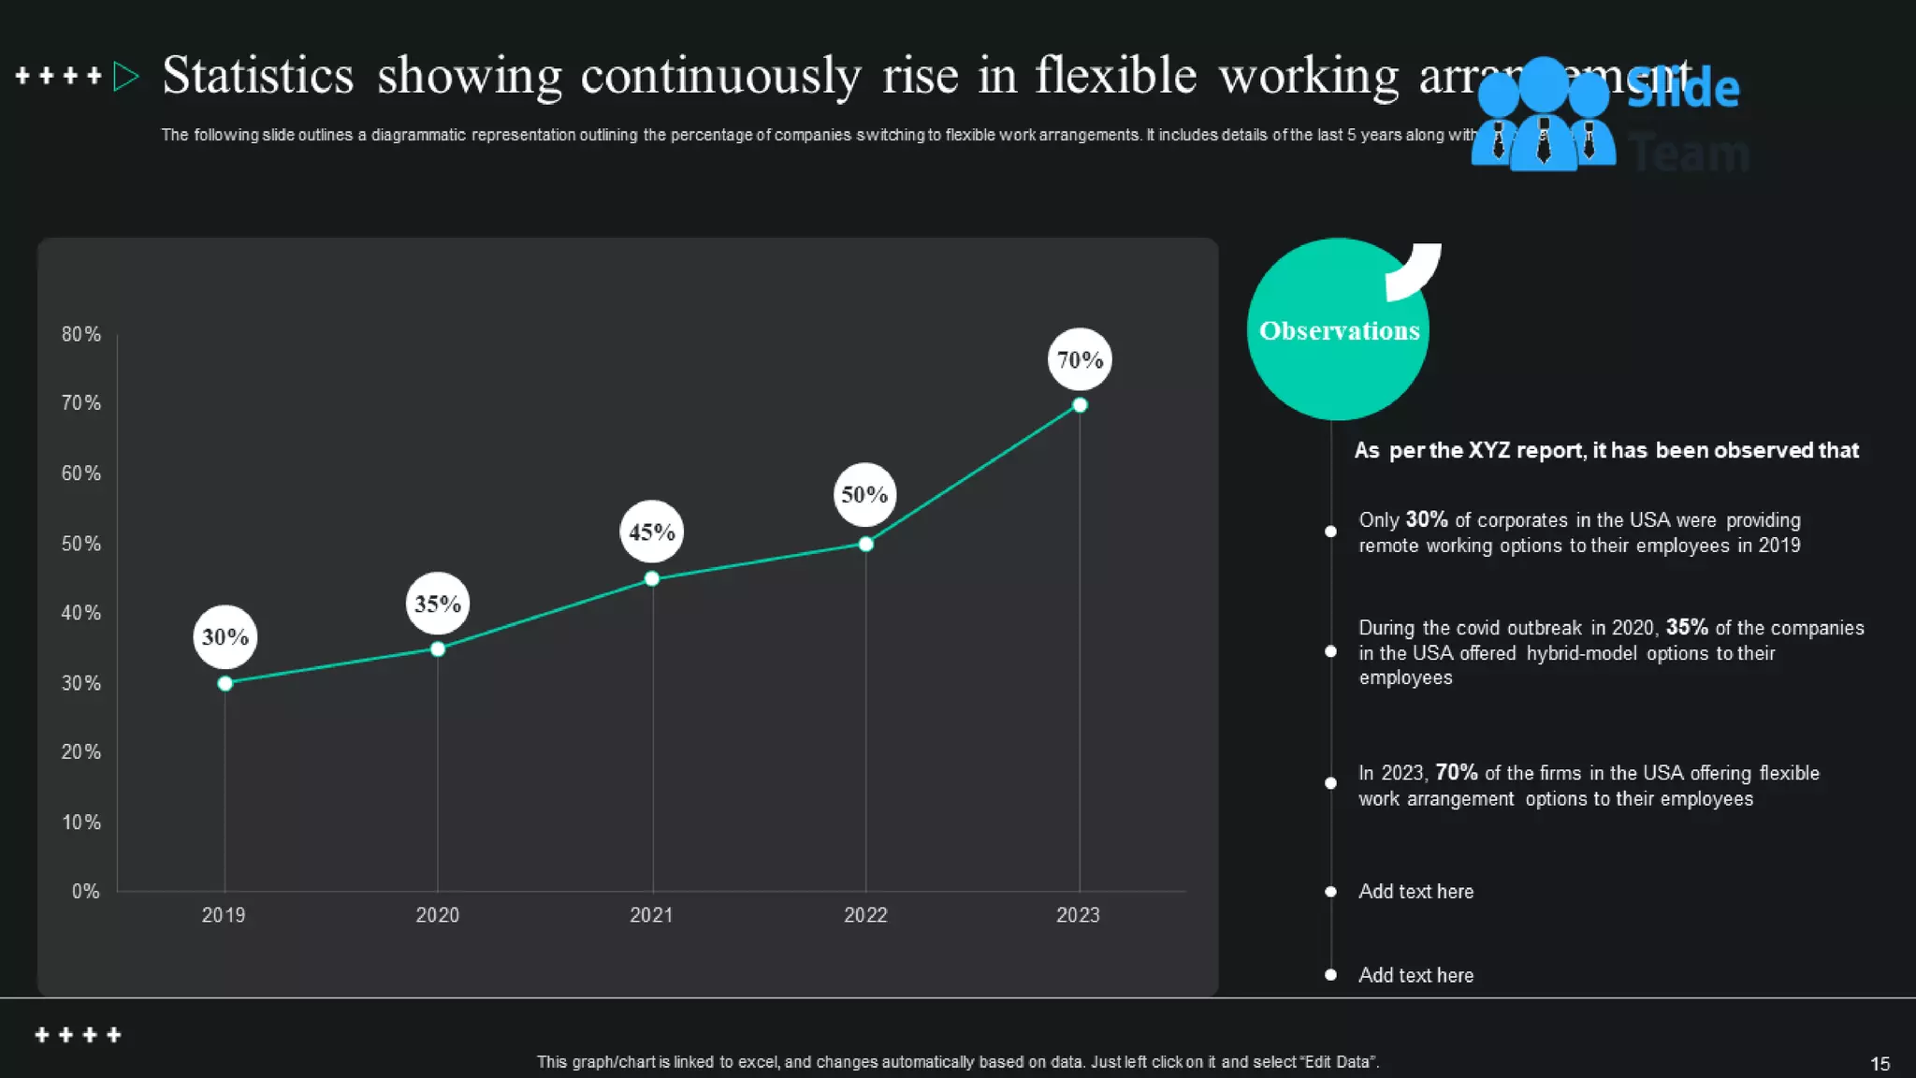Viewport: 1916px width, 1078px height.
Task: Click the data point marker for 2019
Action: point(225,683)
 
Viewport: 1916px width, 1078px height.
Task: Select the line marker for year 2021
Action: point(652,578)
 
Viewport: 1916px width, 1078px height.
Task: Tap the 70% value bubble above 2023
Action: point(1080,359)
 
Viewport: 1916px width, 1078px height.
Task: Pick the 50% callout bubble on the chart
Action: point(864,494)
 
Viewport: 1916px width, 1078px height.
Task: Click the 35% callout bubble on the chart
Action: point(438,604)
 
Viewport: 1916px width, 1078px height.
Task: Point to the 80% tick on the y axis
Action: point(81,334)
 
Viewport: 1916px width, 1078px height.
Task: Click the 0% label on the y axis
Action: point(85,891)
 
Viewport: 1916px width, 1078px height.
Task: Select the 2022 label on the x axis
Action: point(865,914)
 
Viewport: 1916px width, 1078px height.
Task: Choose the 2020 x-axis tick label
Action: point(437,914)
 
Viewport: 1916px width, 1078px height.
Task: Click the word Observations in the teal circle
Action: point(1339,330)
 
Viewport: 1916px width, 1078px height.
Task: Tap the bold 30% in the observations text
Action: point(1426,519)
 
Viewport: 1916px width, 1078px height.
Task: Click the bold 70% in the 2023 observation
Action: point(1456,772)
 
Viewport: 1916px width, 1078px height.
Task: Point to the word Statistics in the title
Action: point(258,75)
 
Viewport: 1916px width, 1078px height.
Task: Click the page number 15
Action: point(1880,1063)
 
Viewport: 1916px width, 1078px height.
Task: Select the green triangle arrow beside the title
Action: point(125,76)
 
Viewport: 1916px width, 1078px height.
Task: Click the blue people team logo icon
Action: point(1543,114)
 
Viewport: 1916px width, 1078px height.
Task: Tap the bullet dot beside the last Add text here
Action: point(1330,974)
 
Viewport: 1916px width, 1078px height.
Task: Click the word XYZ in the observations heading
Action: point(1488,450)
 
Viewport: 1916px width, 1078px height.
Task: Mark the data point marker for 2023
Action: point(1080,405)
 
